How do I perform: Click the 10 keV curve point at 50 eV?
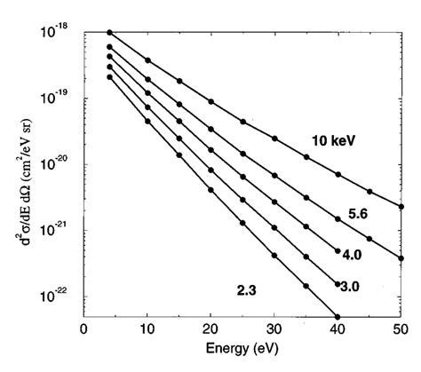pos(401,207)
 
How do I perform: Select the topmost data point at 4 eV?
pos(109,32)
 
